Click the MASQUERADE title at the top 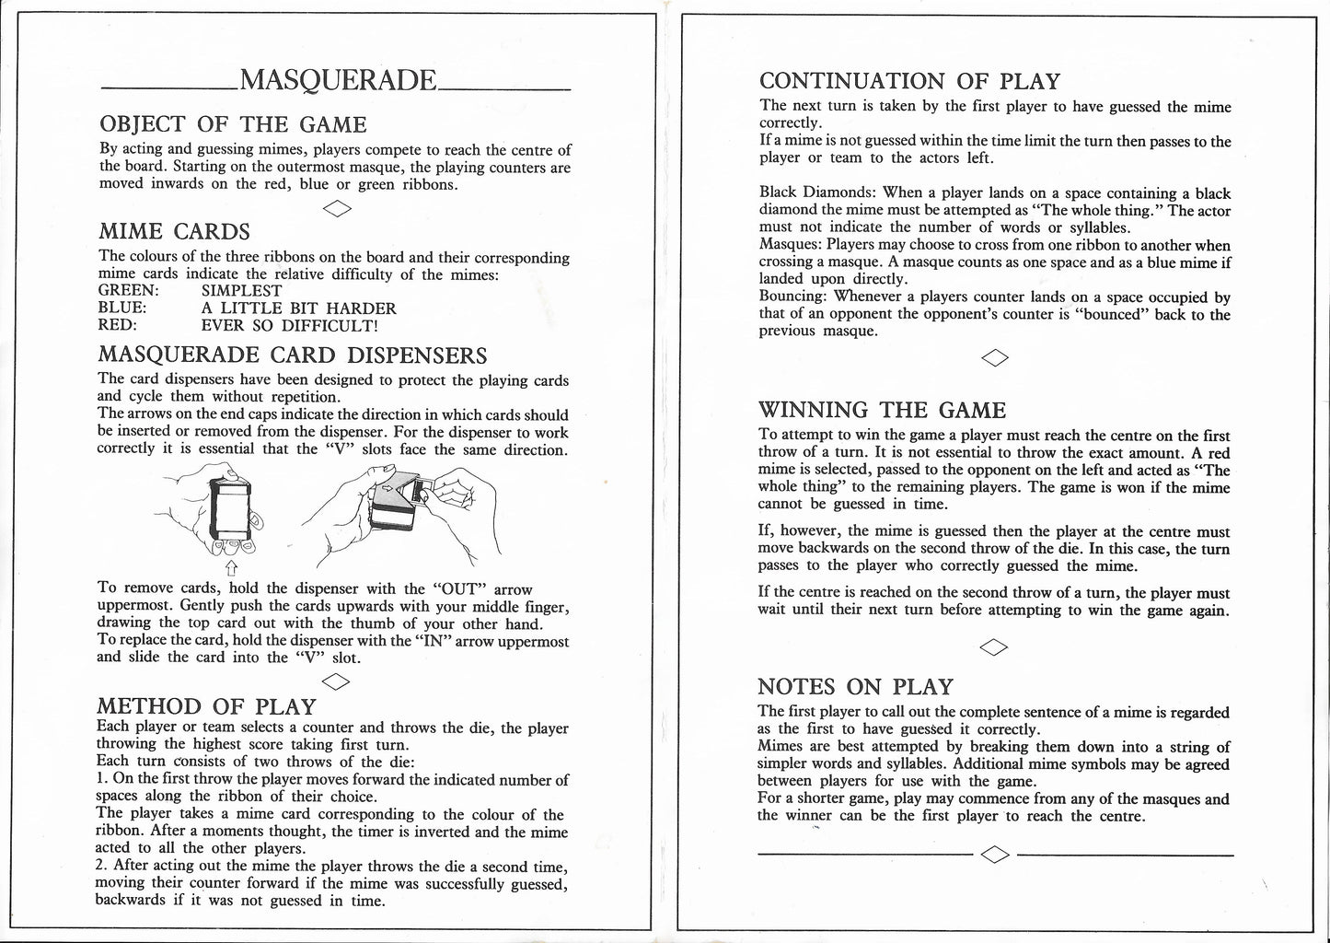[x=337, y=81]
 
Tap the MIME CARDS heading [x=174, y=232]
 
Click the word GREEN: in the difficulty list [x=128, y=291]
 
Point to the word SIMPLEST [x=241, y=291]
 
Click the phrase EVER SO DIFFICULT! [x=289, y=325]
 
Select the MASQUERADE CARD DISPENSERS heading [x=292, y=355]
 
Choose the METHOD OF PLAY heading [x=206, y=706]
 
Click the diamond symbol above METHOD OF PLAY [x=337, y=681]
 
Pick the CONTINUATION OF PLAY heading [x=909, y=82]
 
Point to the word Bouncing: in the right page [x=792, y=297]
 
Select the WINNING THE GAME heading [x=882, y=411]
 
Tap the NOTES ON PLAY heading [x=855, y=687]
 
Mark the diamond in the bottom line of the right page [x=996, y=855]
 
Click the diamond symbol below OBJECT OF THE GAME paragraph [x=337, y=208]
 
